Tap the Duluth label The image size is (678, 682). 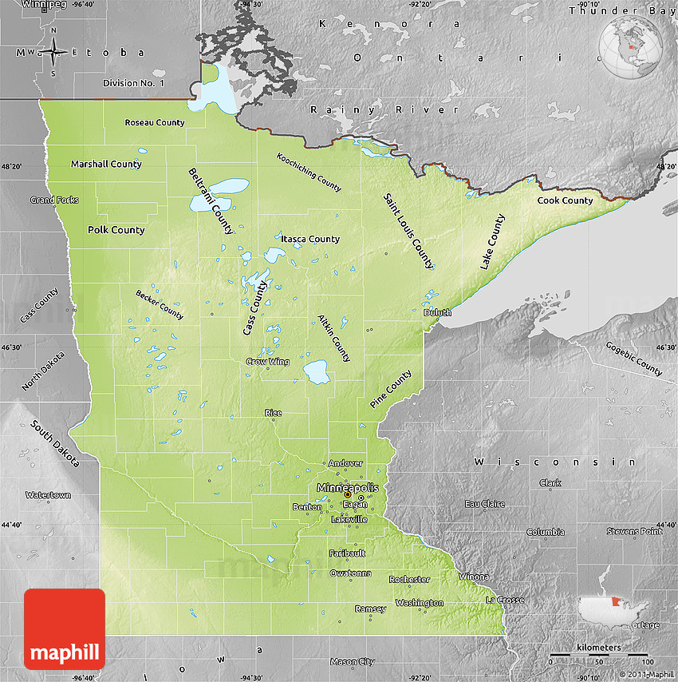(437, 312)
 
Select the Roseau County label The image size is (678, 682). (154, 122)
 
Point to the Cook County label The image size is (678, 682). (565, 200)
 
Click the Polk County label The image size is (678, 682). (116, 230)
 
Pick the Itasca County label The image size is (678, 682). (309, 239)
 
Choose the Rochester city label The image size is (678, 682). (409, 579)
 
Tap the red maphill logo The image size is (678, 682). (65, 629)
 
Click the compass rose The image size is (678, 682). (53, 52)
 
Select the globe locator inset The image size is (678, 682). (633, 47)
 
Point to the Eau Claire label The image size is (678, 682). (485, 504)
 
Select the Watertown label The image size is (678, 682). (48, 495)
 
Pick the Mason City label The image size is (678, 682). (352, 661)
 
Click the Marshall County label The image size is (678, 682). (106, 164)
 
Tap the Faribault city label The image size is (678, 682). (347, 553)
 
